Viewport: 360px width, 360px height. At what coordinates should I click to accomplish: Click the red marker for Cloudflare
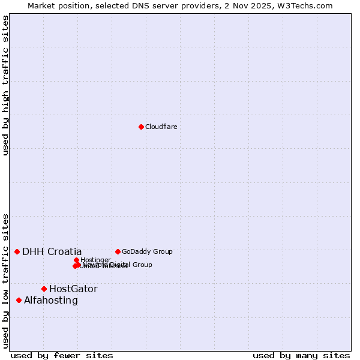(141, 127)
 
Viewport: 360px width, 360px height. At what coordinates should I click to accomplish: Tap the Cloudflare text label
(161, 127)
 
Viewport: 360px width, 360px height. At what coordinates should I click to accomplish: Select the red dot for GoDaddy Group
(118, 251)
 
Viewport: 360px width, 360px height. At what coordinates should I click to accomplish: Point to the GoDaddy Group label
(147, 251)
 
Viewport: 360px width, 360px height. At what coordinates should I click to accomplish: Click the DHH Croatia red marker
(17, 251)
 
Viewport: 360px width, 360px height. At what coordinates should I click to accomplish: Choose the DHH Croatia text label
(52, 251)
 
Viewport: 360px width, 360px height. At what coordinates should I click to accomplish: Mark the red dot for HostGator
(44, 289)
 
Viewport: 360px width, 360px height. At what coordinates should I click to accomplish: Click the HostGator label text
(73, 289)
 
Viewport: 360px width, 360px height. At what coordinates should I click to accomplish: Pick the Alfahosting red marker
(19, 300)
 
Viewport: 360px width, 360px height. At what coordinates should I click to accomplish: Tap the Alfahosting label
(51, 300)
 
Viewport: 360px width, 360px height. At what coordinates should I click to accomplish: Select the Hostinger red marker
(76, 260)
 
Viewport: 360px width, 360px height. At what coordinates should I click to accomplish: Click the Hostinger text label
(96, 260)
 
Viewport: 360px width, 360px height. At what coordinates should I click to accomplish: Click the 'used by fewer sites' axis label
(62, 356)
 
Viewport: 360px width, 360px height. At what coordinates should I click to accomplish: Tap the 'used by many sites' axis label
(301, 356)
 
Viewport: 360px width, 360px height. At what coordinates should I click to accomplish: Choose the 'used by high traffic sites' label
(6, 85)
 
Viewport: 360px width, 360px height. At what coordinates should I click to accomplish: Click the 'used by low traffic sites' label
(6, 281)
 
